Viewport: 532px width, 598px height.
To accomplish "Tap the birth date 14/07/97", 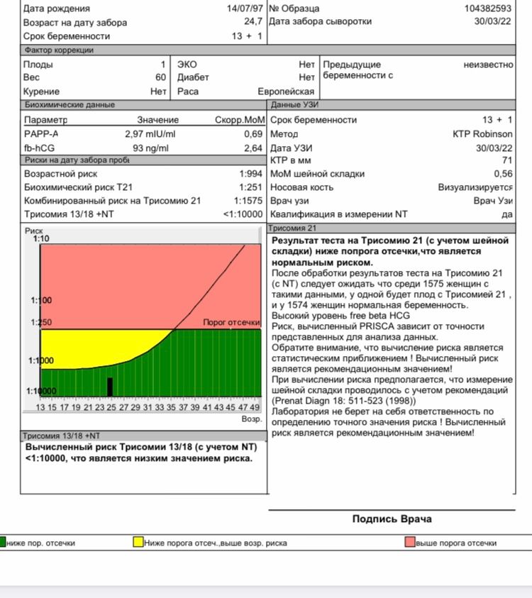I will coord(243,9).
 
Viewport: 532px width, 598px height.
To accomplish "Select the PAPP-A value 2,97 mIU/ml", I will coord(150,134).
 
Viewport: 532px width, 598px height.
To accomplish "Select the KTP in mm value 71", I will coord(506,160).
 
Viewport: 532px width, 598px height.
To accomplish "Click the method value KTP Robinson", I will coord(482,134).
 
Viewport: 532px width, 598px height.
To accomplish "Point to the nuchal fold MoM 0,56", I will coord(503,174).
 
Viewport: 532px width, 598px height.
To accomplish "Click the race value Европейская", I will coord(286,92).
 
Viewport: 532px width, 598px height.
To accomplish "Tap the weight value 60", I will coord(161,77).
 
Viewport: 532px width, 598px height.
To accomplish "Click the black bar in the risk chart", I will coord(110,387).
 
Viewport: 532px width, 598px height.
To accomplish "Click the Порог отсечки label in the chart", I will coord(231,322).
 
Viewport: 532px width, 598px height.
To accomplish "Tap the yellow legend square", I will coord(138,543).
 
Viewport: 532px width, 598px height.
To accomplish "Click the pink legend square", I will coord(409,543).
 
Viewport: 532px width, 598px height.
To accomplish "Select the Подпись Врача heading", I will coord(392,519).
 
